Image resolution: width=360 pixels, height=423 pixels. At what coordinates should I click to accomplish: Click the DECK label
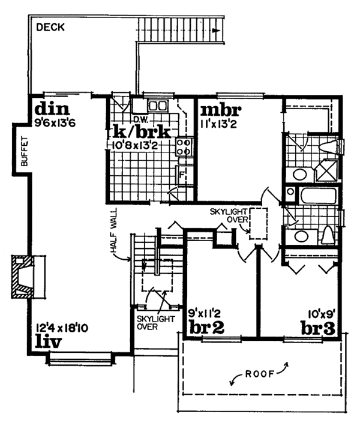point(50,27)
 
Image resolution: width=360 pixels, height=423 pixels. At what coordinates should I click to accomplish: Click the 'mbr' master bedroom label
point(220,111)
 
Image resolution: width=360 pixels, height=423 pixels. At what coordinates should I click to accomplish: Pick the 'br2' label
point(206,328)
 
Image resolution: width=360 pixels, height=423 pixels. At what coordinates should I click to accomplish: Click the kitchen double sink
point(157,106)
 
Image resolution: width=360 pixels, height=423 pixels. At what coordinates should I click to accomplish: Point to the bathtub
point(313,196)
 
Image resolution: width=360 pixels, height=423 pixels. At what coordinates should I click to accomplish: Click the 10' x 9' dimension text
point(318,313)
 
